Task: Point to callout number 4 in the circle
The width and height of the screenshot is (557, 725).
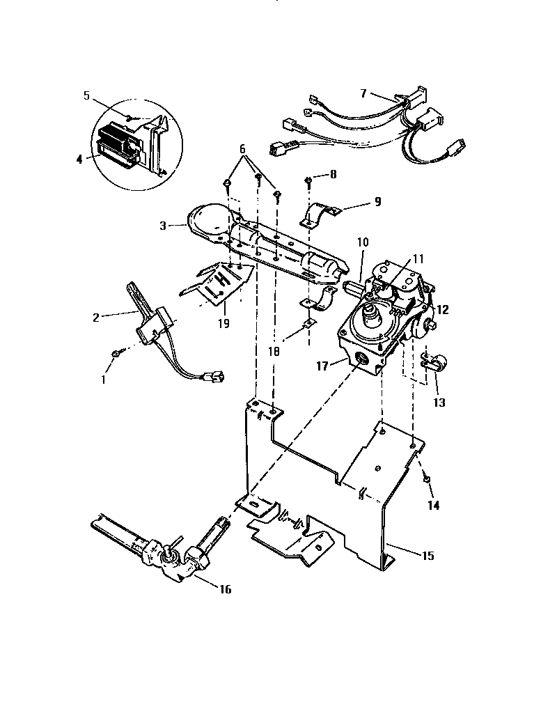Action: pos(79,159)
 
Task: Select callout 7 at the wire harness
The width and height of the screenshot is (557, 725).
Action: pos(363,93)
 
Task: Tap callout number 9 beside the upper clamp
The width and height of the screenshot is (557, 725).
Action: pos(378,203)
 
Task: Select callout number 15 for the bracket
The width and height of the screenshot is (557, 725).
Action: pos(428,555)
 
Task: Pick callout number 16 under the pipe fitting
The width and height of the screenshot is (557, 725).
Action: pos(224,589)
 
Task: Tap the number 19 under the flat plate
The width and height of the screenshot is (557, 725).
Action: pos(222,324)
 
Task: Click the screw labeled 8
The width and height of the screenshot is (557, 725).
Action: pos(308,182)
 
